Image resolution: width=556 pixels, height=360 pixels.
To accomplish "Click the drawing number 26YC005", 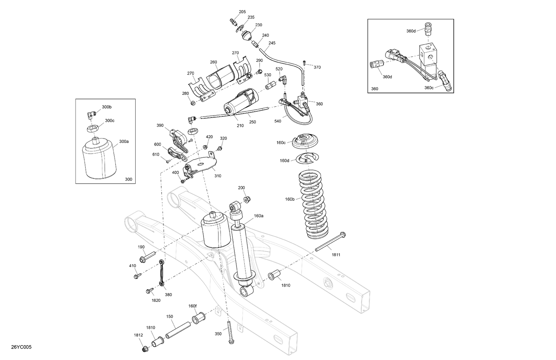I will click(x=21, y=347).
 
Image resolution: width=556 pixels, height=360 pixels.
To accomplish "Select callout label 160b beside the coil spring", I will click(x=290, y=199).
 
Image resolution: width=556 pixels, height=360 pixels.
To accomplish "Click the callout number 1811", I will click(x=336, y=255).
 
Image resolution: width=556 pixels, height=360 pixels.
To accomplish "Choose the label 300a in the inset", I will click(x=124, y=141).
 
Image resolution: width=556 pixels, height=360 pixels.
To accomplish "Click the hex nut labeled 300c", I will click(x=92, y=129).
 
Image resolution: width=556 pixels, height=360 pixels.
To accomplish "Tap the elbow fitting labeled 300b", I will click(x=90, y=114).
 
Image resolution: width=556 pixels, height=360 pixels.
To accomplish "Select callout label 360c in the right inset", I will click(x=429, y=88).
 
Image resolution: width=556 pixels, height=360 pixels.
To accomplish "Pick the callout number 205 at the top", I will click(x=242, y=12).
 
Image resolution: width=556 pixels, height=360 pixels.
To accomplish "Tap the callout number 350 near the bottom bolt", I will click(x=218, y=334).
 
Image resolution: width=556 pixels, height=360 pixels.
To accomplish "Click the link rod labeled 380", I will click(x=162, y=273).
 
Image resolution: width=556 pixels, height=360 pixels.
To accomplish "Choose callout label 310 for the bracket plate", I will click(x=218, y=176).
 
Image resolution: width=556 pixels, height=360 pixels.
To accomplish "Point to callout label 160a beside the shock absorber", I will click(x=258, y=216).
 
